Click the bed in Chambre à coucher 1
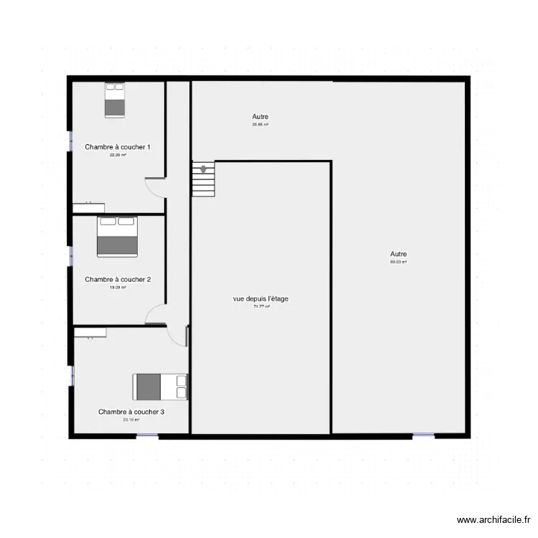click(x=115, y=100)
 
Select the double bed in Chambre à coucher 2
click(x=117, y=236)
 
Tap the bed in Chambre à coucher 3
click(x=160, y=387)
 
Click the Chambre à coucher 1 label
click(x=118, y=147)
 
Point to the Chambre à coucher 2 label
click(x=118, y=279)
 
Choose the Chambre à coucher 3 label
click(x=131, y=412)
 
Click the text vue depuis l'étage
click(x=261, y=298)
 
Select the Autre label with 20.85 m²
click(x=260, y=116)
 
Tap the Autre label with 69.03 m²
click(x=398, y=254)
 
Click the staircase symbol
click(x=203, y=179)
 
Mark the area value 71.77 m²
click(x=261, y=306)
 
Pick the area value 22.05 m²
click(x=118, y=155)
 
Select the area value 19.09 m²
click(x=118, y=287)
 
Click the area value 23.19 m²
click(x=131, y=420)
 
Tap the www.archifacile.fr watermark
click(x=494, y=520)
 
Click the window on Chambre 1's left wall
click(x=70, y=141)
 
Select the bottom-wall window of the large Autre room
click(x=423, y=435)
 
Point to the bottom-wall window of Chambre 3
click(x=147, y=435)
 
